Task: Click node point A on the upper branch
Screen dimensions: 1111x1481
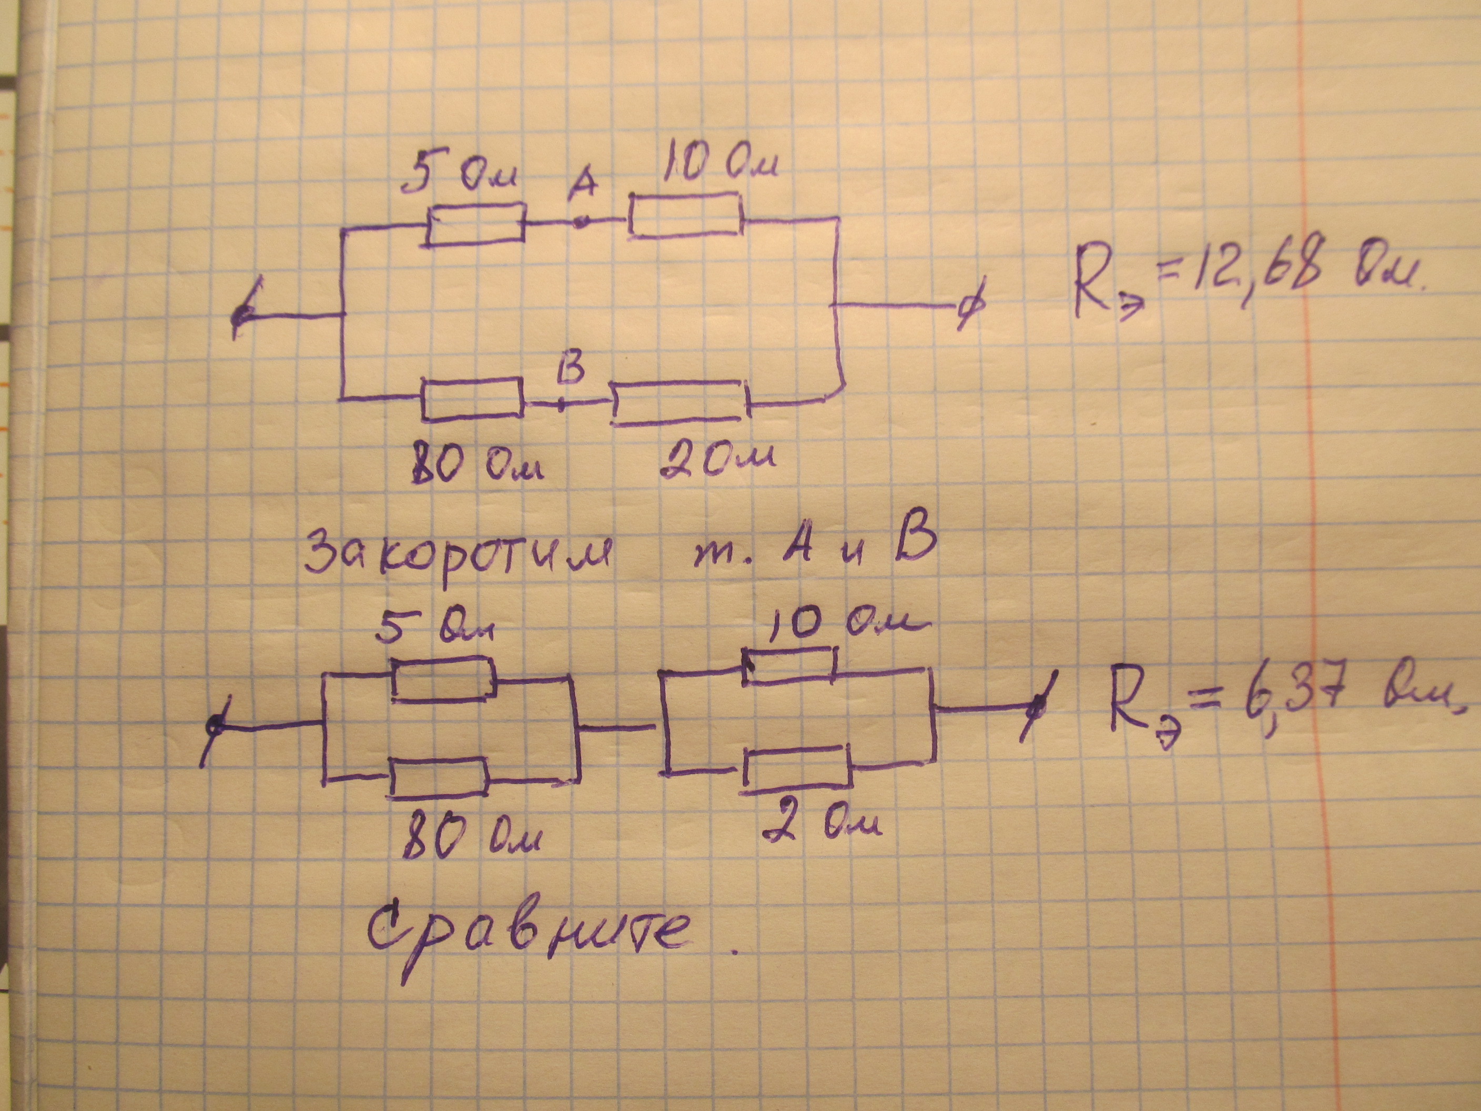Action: coord(581,221)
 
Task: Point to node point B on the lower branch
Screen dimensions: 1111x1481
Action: coord(561,405)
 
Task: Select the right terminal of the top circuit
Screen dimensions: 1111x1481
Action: coord(968,308)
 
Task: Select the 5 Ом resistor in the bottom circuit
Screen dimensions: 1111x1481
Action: coord(442,680)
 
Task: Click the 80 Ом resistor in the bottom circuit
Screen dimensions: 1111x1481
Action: coord(439,777)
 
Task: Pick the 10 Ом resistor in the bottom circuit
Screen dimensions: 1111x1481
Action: coord(790,666)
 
